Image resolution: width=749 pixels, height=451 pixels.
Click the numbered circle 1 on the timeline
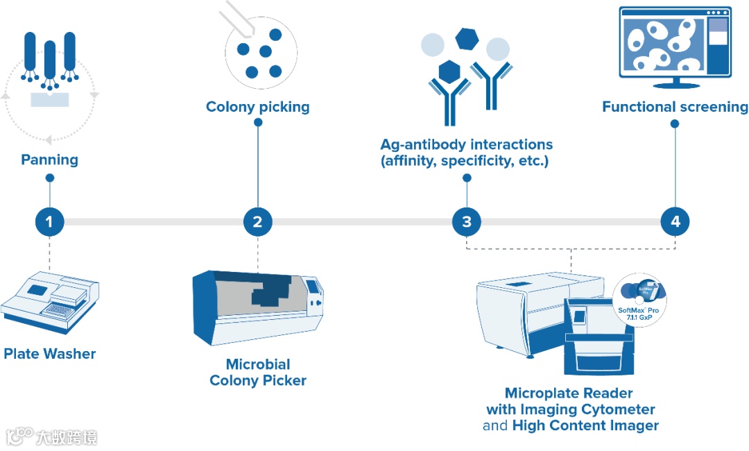coord(49,222)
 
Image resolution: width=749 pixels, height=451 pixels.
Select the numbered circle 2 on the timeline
coord(258,222)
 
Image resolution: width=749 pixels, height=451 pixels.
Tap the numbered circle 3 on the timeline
coord(467,222)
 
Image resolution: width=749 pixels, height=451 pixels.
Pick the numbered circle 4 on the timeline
coord(675,222)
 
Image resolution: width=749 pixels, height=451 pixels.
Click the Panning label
coord(49,160)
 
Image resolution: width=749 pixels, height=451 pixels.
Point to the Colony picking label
coord(258,107)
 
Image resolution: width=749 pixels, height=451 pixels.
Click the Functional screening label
coord(675,107)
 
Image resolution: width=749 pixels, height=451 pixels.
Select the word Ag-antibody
coord(422,144)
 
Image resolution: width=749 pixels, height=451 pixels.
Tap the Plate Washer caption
coord(50,354)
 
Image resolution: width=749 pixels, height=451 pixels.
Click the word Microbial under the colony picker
coord(258,364)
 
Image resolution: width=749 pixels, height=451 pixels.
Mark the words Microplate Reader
coord(569,393)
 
